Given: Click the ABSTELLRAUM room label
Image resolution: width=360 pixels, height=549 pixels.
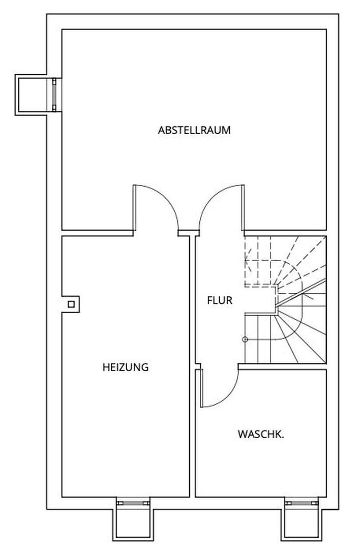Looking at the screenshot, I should point(194,130).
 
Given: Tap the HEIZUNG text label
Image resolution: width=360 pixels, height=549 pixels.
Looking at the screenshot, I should point(125,367).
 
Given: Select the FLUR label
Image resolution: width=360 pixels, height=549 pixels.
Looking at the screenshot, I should point(219,300).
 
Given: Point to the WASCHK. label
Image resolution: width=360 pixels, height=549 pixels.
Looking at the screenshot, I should point(261,435).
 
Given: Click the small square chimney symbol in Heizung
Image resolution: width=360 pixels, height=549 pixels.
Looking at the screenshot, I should point(71,304).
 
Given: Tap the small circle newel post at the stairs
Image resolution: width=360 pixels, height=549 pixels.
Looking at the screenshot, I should point(245,339).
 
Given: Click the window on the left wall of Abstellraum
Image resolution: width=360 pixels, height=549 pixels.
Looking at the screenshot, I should point(54,94).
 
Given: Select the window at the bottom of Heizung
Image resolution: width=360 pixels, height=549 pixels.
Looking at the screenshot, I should point(133,503).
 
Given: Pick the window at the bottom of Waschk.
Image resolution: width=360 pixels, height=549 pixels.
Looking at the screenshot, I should point(302,503).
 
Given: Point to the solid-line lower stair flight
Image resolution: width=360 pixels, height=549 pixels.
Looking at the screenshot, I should point(285,335).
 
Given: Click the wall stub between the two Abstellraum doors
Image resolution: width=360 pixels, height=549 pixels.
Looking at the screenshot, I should point(187,233).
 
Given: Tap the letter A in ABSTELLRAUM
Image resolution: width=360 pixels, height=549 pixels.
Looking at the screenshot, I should point(161,130).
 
